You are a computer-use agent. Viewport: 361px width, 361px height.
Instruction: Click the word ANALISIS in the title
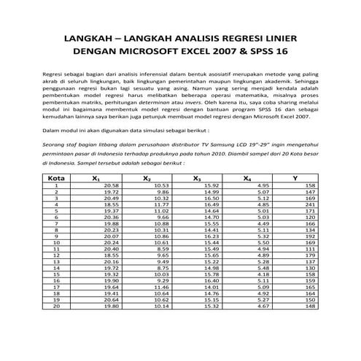click(x=195, y=37)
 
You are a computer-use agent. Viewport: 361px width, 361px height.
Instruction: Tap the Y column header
click(x=295, y=178)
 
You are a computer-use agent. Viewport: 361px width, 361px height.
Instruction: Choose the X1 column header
click(x=96, y=178)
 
